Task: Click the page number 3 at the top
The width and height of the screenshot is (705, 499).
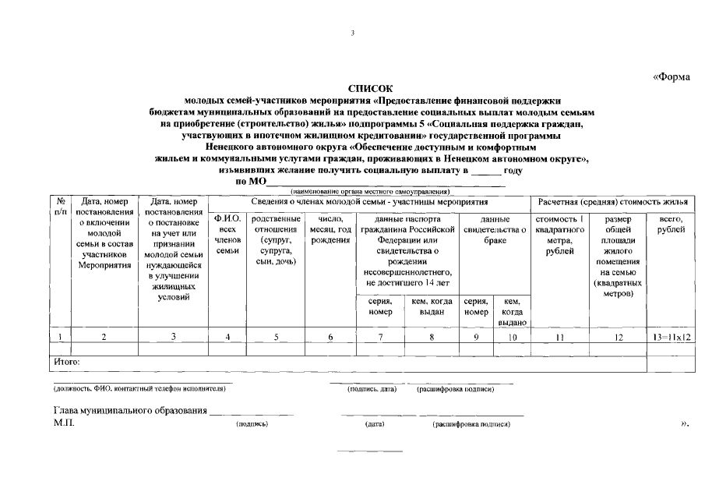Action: point(352,34)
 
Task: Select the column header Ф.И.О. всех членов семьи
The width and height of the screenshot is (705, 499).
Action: point(227,235)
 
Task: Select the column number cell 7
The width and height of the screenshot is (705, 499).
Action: point(380,337)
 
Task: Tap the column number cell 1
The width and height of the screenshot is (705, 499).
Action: point(60,337)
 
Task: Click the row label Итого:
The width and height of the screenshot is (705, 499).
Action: point(66,362)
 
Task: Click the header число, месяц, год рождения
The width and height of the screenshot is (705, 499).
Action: point(330,229)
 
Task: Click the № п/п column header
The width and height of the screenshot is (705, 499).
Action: point(60,207)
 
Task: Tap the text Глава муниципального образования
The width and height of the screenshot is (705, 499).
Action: point(129,411)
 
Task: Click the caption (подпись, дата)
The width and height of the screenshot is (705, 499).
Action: point(372,388)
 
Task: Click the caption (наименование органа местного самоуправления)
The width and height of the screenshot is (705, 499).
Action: point(370,191)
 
